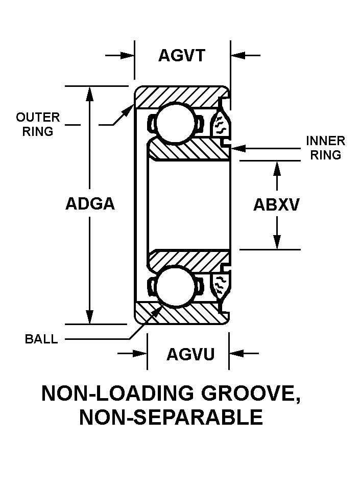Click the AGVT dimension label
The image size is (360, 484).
tap(181, 55)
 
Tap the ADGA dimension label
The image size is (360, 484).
tap(90, 204)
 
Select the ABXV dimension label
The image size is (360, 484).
tap(276, 204)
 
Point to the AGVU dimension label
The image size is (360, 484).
tap(190, 354)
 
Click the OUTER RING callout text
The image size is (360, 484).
tap(38, 124)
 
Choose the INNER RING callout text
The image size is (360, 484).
tap(325, 148)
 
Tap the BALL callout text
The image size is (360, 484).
tap(41, 339)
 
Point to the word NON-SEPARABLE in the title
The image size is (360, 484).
tap(171, 418)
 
